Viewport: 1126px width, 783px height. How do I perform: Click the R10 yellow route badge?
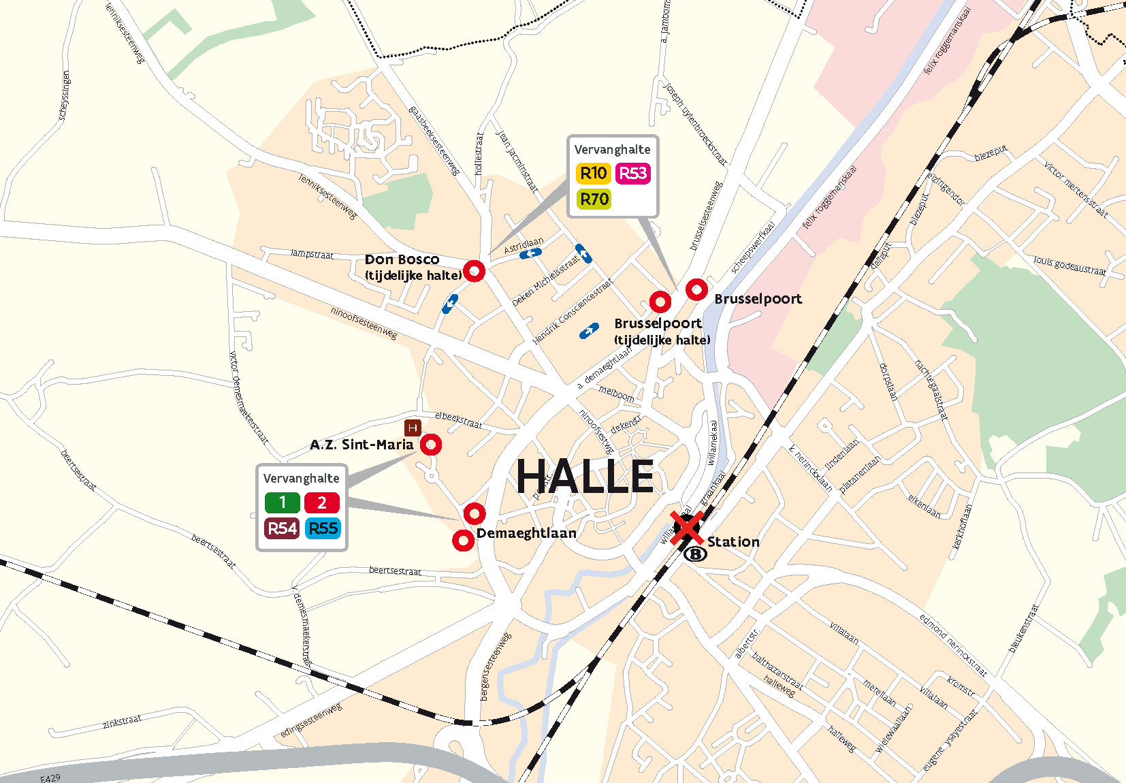point(593,174)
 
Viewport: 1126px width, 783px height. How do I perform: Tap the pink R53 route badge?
point(633,174)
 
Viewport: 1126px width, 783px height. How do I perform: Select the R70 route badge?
point(594,199)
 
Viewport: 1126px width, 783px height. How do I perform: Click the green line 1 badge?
point(282,502)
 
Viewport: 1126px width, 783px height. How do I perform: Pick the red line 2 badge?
point(322,502)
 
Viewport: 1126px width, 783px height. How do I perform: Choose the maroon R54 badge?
point(282,528)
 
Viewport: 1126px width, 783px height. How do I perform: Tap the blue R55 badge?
point(323,528)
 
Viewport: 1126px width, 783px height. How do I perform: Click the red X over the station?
point(686,528)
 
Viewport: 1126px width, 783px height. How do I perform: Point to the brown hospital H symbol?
point(413,428)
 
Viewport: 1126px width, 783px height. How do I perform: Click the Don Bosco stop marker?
point(474,271)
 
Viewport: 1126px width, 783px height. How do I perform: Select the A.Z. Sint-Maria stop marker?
point(430,445)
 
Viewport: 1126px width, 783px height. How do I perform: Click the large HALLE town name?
point(585,476)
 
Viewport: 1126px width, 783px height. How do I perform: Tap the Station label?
point(733,542)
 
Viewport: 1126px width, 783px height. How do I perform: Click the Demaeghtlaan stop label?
point(526,533)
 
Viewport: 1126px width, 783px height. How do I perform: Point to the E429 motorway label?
point(50,778)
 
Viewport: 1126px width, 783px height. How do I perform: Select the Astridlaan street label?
point(524,246)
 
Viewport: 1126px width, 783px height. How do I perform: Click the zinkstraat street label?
point(122,721)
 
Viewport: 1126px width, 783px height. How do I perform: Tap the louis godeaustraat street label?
point(1069,266)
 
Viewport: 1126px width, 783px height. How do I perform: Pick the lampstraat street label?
point(312,254)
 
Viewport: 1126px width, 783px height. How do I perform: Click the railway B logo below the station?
point(695,554)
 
